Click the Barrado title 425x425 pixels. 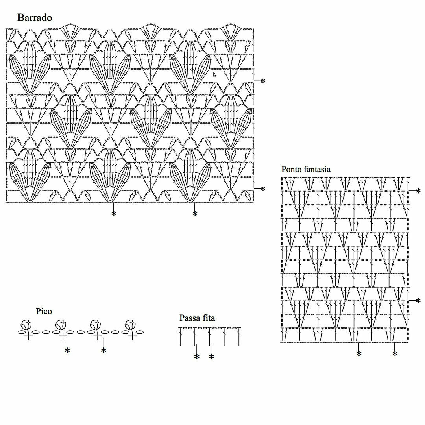click(x=35, y=18)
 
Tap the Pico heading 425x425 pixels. click(x=44, y=311)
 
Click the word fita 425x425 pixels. click(x=209, y=318)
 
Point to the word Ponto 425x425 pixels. click(x=292, y=169)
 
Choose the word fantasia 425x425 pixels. click(x=317, y=169)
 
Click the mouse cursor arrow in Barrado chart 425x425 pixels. click(x=215, y=74)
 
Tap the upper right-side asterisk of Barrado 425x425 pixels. click(x=263, y=81)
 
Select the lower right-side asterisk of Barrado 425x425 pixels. click(x=263, y=189)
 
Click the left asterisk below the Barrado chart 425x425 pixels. click(x=114, y=214)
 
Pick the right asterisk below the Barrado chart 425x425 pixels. click(x=195, y=214)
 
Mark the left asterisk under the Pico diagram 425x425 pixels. click(x=67, y=350)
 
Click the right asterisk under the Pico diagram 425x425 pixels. click(x=103, y=350)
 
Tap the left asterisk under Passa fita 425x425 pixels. click(x=197, y=357)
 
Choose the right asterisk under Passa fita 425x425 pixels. click(x=211, y=357)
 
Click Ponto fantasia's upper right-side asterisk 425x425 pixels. click(x=418, y=191)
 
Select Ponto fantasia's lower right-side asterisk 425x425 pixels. click(x=418, y=301)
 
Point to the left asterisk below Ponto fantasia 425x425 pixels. click(x=359, y=354)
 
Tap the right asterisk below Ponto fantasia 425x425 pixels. click(x=395, y=354)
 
